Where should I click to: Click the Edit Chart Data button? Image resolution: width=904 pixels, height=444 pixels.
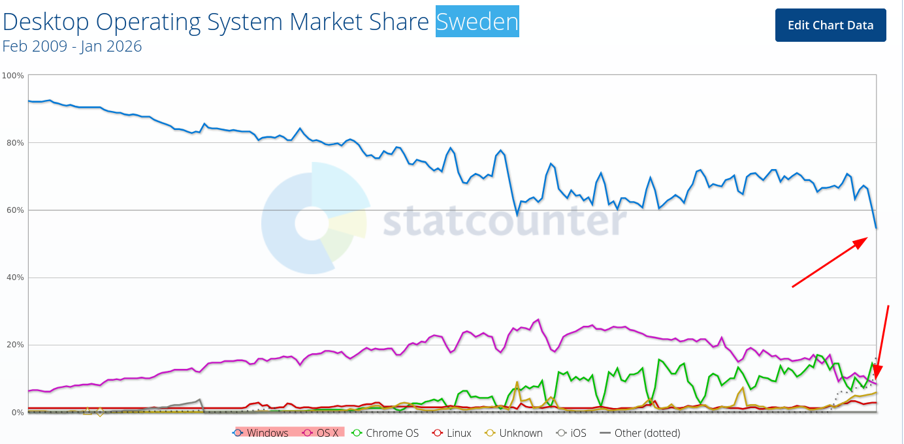[830, 25]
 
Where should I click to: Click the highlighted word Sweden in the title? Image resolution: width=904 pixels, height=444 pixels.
[477, 22]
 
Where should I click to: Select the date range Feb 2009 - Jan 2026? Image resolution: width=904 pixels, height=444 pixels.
[72, 46]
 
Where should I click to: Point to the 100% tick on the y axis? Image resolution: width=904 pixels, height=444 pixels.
[14, 76]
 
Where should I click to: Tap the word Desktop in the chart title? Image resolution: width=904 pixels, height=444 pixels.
[46, 22]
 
